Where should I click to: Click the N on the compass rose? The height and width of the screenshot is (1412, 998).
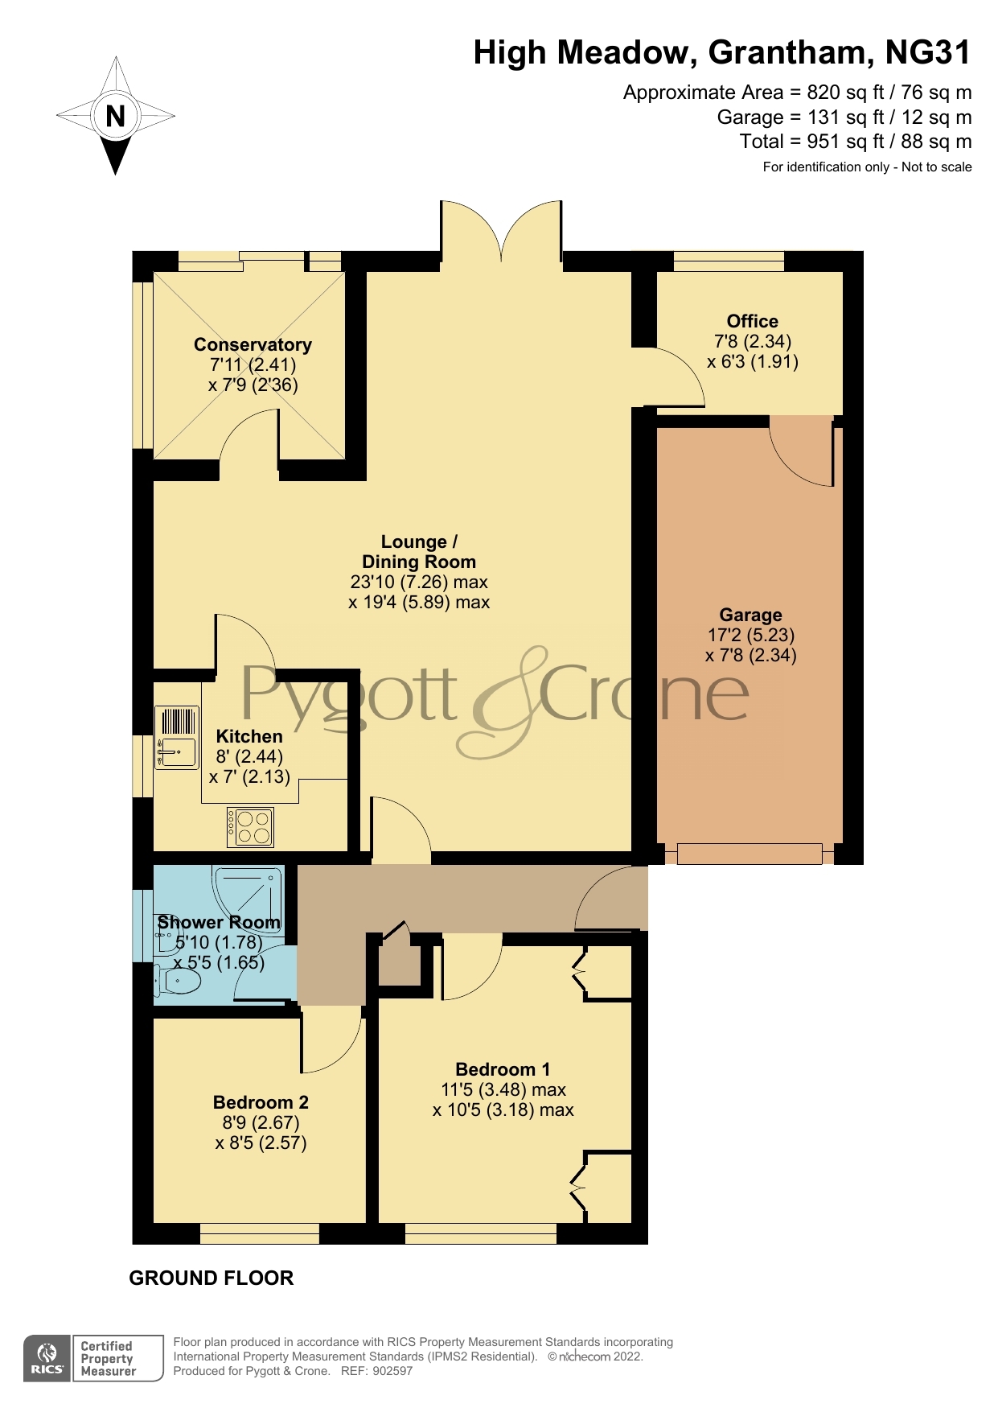click(116, 116)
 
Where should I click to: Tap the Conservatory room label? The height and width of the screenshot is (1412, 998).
click(253, 344)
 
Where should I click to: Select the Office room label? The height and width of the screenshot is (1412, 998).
click(752, 321)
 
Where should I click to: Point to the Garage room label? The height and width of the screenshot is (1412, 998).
click(750, 615)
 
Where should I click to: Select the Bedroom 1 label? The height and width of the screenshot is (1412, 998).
click(503, 1069)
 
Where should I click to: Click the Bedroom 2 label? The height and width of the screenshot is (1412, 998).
click(261, 1102)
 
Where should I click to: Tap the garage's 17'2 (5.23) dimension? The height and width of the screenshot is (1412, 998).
click(751, 635)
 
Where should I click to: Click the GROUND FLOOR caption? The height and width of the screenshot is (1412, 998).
click(212, 1278)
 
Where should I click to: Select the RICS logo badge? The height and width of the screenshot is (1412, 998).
click(47, 1358)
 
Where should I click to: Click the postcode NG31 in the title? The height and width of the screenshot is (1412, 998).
click(928, 53)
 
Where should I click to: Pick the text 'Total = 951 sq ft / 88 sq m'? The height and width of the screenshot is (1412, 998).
click(855, 142)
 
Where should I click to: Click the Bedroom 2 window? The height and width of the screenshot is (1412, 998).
click(260, 1233)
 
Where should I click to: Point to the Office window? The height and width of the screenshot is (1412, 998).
click(729, 261)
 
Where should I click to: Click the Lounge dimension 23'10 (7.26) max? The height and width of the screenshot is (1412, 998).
click(419, 582)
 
